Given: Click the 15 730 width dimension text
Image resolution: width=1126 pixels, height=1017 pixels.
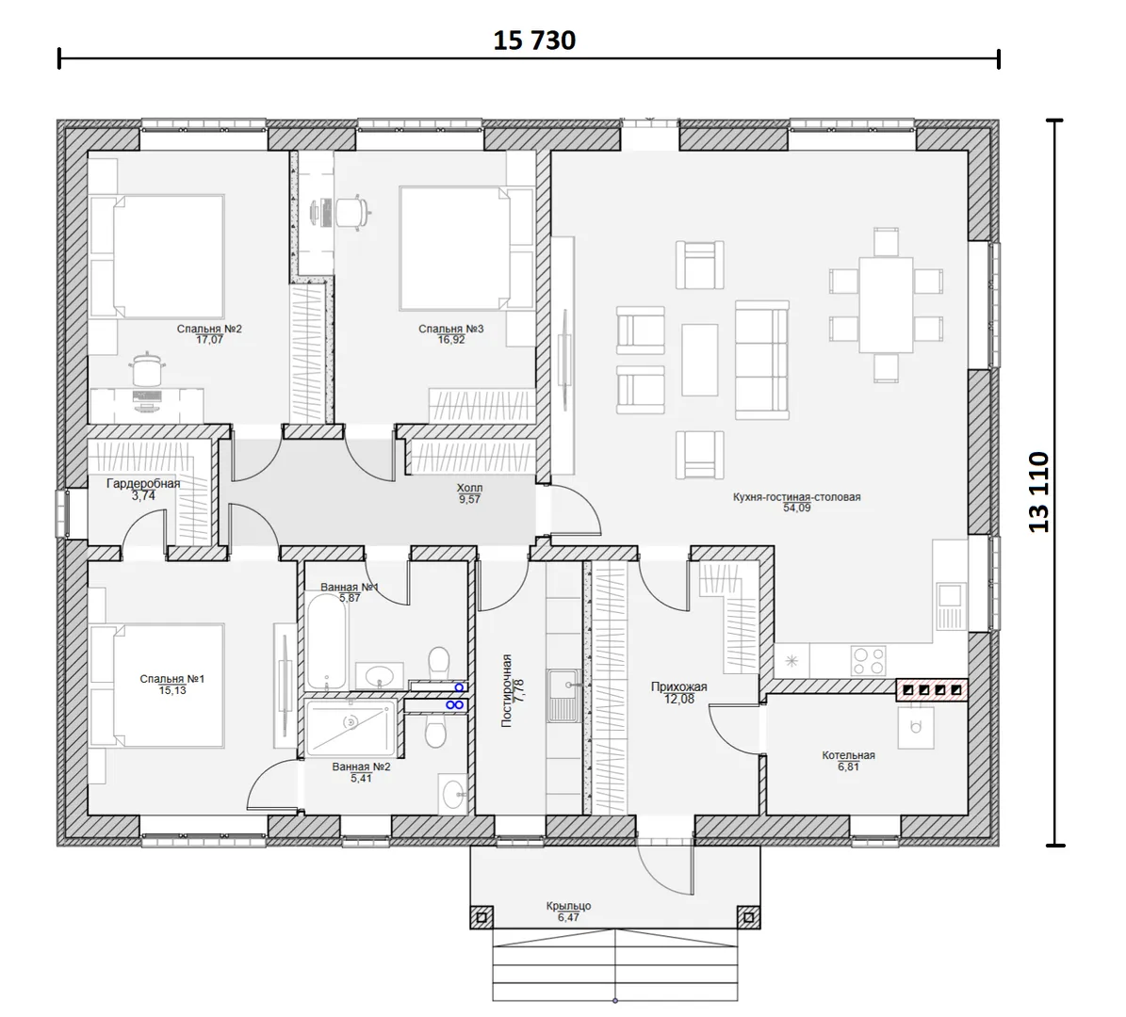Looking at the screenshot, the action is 534,40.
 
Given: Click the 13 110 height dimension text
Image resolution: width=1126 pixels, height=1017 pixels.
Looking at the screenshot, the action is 1039,492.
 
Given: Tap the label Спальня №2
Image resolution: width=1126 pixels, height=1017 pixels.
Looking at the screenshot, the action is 210,329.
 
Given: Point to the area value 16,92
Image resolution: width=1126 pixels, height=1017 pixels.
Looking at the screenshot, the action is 451,340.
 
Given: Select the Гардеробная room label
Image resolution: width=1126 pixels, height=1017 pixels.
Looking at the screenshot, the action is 143,484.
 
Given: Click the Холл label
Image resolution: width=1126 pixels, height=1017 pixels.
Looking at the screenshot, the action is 469,488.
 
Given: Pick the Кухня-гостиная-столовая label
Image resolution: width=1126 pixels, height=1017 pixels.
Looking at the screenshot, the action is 796,496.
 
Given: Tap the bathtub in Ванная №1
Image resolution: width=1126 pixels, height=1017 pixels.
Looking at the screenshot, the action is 327,640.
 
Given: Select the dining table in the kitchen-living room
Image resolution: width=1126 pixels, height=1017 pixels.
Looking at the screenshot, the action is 886,304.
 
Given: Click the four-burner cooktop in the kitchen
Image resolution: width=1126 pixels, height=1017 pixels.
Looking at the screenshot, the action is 868,660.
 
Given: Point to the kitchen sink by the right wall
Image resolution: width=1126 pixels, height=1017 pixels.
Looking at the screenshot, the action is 950,605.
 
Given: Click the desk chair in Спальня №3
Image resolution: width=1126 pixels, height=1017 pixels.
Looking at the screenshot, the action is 352,212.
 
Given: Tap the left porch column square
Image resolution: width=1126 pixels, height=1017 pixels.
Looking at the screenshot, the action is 481,917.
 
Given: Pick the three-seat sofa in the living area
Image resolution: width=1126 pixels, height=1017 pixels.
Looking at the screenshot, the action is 762,360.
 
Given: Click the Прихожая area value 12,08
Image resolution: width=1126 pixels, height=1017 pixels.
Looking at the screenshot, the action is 679,699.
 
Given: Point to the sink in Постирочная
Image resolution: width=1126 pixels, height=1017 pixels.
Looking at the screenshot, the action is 564,695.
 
